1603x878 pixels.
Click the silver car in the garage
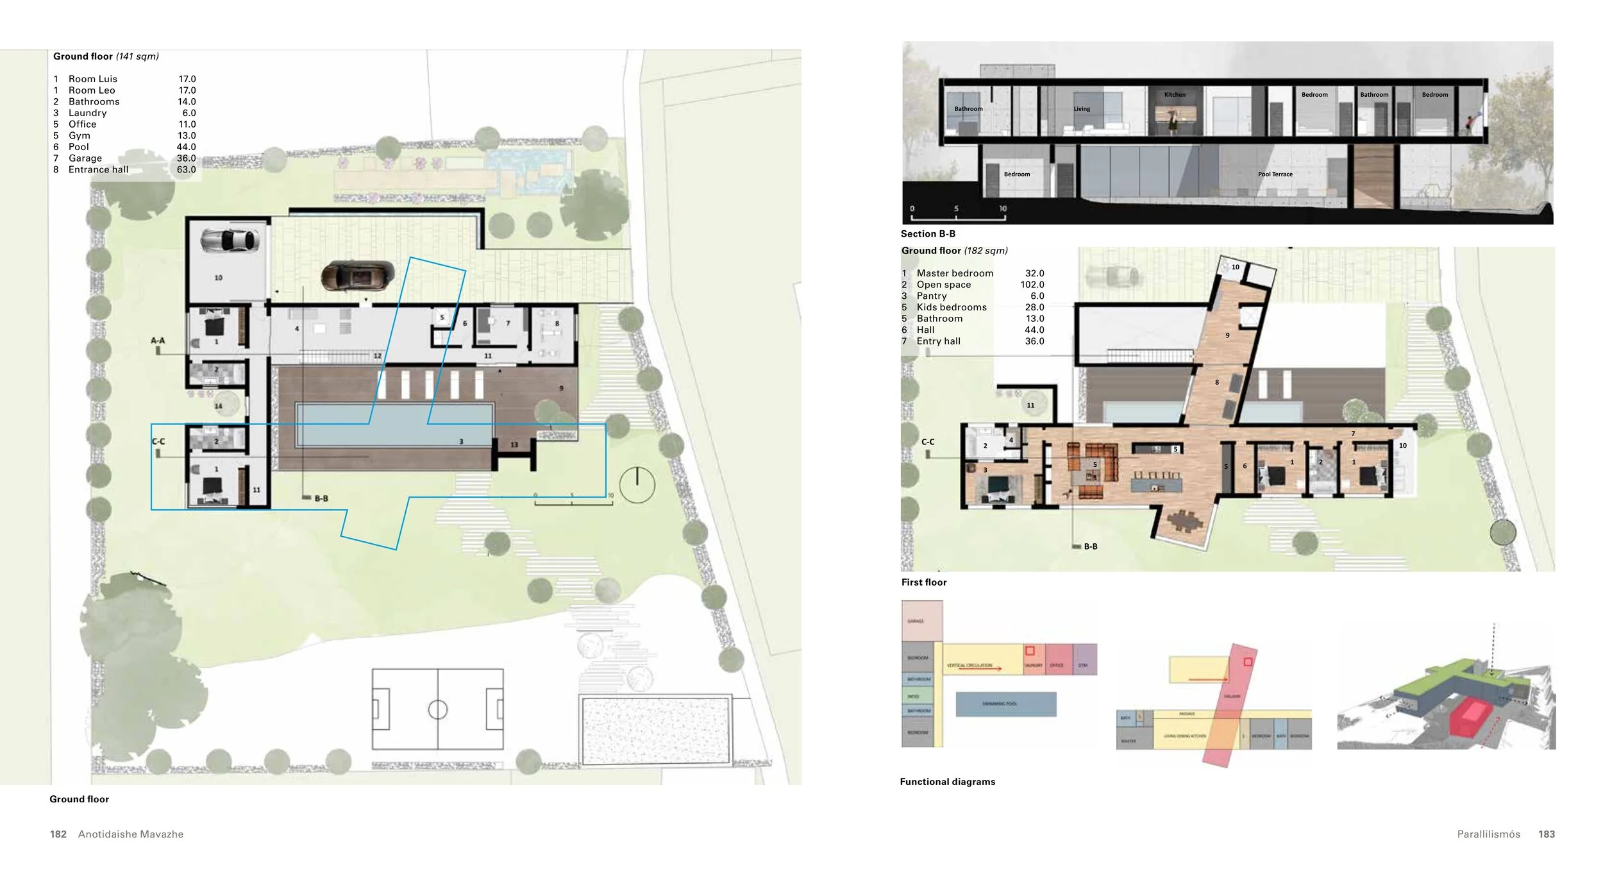pyautogui.click(x=230, y=241)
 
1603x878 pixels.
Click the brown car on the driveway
pyautogui.click(x=357, y=276)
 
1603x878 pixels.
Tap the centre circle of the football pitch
pyautogui.click(x=437, y=709)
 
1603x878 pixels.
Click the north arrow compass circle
pyautogui.click(x=637, y=485)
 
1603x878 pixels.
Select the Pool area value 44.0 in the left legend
pyautogui.click(x=186, y=147)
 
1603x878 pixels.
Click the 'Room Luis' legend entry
pyautogui.click(x=92, y=79)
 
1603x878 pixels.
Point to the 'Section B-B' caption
pyautogui.click(x=928, y=234)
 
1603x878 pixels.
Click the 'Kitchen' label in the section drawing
pyautogui.click(x=1175, y=95)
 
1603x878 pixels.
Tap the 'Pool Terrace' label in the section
pyautogui.click(x=1275, y=174)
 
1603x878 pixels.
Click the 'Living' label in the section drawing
pyautogui.click(x=1082, y=109)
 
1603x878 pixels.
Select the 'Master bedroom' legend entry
pyautogui.click(x=955, y=273)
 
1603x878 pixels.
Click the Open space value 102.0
pyautogui.click(x=1032, y=285)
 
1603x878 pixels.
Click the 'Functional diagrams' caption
pyautogui.click(x=947, y=782)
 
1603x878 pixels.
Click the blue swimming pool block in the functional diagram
pyautogui.click(x=1005, y=704)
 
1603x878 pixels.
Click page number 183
pyautogui.click(x=1546, y=834)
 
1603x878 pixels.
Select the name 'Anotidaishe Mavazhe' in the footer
pyautogui.click(x=131, y=834)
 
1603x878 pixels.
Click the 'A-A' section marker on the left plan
pyautogui.click(x=158, y=341)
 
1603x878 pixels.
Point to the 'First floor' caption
pyautogui.click(x=923, y=582)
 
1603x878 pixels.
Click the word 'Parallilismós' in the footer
pyautogui.click(x=1488, y=834)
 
